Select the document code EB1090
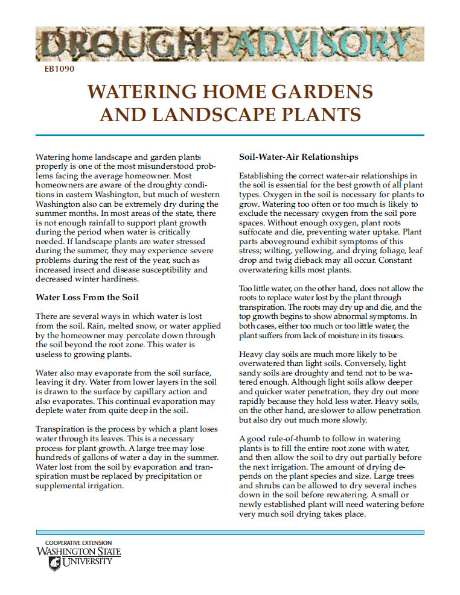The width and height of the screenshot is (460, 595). (x=59, y=69)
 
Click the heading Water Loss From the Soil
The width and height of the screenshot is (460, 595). (x=87, y=297)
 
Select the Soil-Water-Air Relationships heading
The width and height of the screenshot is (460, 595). (x=299, y=157)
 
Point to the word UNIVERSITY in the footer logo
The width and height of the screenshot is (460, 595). (x=87, y=561)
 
